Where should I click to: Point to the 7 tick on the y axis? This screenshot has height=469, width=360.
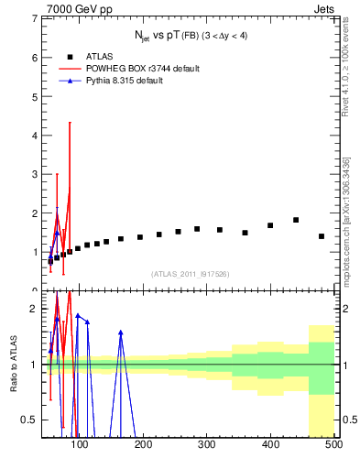pyautogui.click(x=35, y=18)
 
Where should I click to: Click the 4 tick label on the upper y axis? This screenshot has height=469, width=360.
pyautogui.click(x=35, y=135)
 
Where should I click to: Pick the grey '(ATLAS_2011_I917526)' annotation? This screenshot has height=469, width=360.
pyautogui.click(x=190, y=274)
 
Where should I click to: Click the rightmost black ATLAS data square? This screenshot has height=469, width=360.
pyautogui.click(x=322, y=236)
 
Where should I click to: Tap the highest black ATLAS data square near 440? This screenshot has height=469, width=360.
pyautogui.click(x=296, y=220)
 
